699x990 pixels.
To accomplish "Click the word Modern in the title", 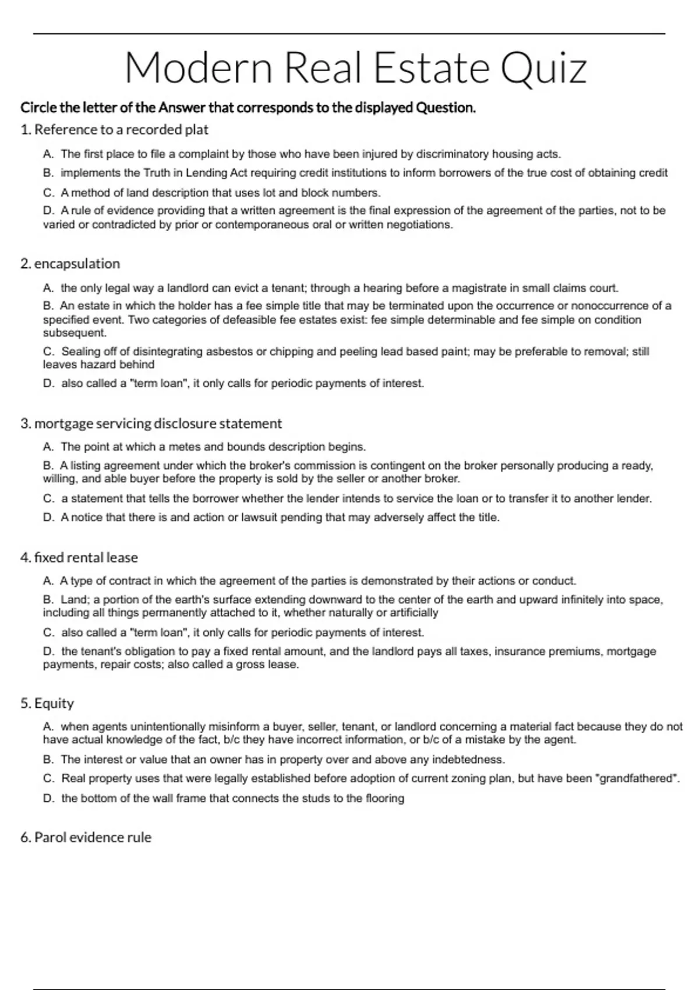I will pos(199,68).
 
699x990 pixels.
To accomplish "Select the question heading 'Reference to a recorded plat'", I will pos(121,129).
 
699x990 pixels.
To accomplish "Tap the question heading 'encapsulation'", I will pos(77,264).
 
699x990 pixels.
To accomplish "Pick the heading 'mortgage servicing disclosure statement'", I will pos(157,423).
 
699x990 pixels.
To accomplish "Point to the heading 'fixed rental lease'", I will pos(86,557).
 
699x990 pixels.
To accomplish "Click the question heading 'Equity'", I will pos(54,703).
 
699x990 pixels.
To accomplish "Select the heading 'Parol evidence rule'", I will pos(93,837).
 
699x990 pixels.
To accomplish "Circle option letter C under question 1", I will pos(48,193).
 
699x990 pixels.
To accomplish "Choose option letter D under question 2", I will pos(48,384).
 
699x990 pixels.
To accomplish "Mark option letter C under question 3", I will pos(48,499).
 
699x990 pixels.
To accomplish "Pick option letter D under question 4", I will pos(48,652).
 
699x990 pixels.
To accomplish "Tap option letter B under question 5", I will pos(48,760).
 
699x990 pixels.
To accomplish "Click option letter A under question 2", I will pos(48,288).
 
